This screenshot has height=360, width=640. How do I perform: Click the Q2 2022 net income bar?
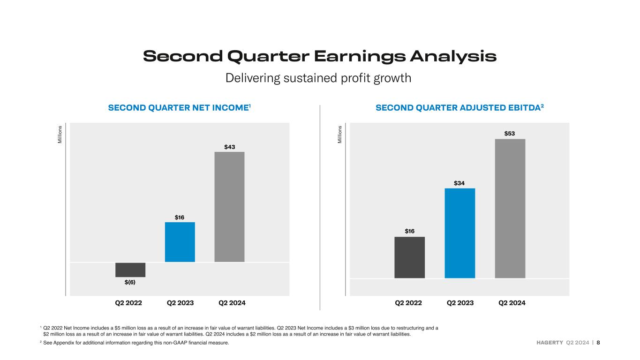(x=130, y=270)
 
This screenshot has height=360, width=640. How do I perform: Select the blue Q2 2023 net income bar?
(x=180, y=242)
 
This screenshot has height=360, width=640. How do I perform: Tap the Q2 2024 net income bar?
(x=229, y=207)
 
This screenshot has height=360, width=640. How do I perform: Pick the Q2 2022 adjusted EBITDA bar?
(x=409, y=257)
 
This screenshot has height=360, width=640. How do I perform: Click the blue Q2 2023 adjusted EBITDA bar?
(x=460, y=233)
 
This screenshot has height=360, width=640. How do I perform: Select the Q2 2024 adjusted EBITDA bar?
(x=510, y=209)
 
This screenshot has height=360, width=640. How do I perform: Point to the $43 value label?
(x=230, y=147)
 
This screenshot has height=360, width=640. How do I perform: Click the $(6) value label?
(x=130, y=282)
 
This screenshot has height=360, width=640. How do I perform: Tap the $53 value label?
(x=510, y=134)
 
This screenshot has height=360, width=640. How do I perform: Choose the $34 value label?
(x=459, y=183)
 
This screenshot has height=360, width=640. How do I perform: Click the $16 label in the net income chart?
(x=180, y=217)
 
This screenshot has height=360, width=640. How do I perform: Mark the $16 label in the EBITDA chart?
(x=409, y=231)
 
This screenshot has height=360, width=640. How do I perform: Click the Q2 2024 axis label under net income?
(x=232, y=303)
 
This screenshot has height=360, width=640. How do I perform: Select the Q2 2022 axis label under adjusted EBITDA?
(x=408, y=303)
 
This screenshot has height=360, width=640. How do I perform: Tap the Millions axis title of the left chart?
(x=60, y=135)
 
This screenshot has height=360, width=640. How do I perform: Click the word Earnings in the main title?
(x=360, y=57)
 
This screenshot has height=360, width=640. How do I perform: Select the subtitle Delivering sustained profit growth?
(x=318, y=78)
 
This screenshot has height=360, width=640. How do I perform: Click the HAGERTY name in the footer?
(x=550, y=343)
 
